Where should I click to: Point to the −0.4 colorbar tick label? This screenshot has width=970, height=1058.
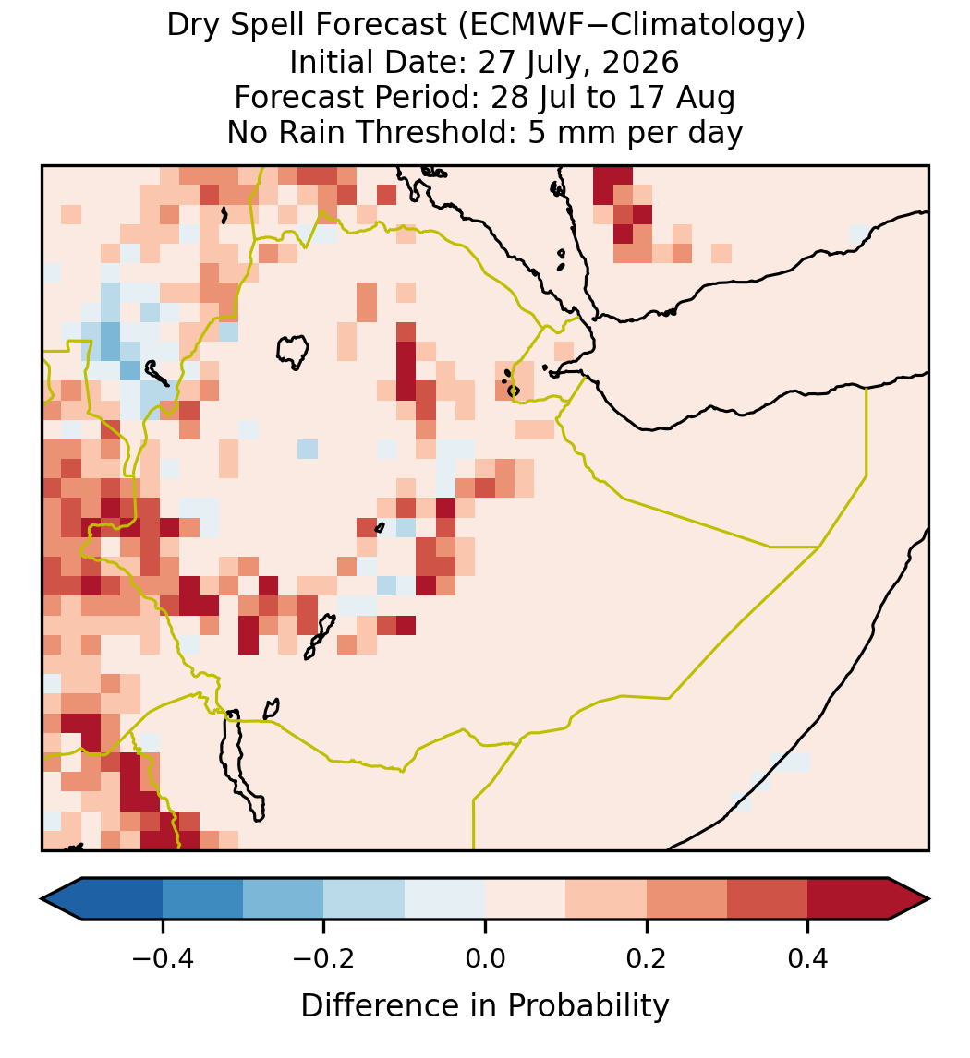163,958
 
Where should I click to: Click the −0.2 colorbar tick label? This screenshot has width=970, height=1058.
323,958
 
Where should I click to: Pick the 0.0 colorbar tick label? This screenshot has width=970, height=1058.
485,958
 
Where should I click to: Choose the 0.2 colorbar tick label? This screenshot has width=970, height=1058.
647,958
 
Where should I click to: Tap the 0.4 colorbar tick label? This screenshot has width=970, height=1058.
808,958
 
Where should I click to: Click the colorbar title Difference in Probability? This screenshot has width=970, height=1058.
485,1006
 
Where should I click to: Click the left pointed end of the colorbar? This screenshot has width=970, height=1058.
42,899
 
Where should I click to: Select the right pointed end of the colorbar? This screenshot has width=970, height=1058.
929,899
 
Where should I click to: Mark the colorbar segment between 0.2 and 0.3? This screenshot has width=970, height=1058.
687,899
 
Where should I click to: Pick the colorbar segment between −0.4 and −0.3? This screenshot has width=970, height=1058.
202,899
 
